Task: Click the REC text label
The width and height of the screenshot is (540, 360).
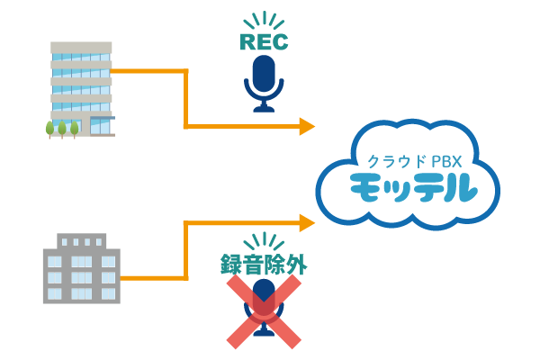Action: pos(264,41)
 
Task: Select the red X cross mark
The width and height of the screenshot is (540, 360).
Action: pos(264,311)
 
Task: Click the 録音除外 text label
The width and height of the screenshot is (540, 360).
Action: pos(264,264)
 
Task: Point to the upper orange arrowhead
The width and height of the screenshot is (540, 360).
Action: pos(307,126)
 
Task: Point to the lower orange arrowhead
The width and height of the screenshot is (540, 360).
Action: pos(307,222)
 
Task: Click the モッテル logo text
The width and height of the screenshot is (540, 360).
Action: pos(413,188)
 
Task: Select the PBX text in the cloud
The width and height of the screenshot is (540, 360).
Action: pos(446,162)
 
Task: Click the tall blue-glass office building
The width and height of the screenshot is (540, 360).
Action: pos(81,85)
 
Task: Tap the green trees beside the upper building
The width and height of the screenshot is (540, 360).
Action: pos(62,129)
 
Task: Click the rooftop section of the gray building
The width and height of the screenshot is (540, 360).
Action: pos(82,241)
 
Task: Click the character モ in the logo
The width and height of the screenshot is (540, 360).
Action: pos(368,188)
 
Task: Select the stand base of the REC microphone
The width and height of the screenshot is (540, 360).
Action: pos(264,108)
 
